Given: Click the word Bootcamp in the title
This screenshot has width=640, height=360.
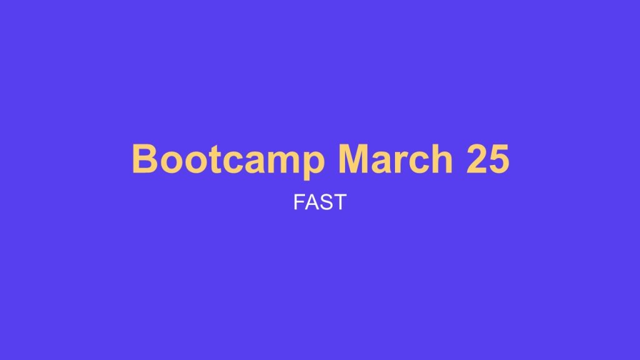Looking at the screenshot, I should [228, 159].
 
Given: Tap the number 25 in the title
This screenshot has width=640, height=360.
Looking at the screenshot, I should [487, 159].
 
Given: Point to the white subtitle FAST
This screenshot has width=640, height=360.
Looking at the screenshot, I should [319, 202].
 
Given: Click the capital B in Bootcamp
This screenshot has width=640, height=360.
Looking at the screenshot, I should [144, 159].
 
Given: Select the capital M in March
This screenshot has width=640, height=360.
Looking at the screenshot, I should [353, 159].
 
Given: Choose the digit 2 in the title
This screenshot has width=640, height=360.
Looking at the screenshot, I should [475, 159].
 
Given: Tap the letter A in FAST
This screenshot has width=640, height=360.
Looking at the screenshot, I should [312, 202].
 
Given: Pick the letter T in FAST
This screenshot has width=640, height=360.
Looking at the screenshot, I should [339, 202].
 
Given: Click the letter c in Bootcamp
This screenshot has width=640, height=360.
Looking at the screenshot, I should [224, 162].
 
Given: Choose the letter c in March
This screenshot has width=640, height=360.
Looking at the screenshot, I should [418, 162].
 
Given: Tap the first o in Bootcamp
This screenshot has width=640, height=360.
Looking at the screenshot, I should [168, 162].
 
